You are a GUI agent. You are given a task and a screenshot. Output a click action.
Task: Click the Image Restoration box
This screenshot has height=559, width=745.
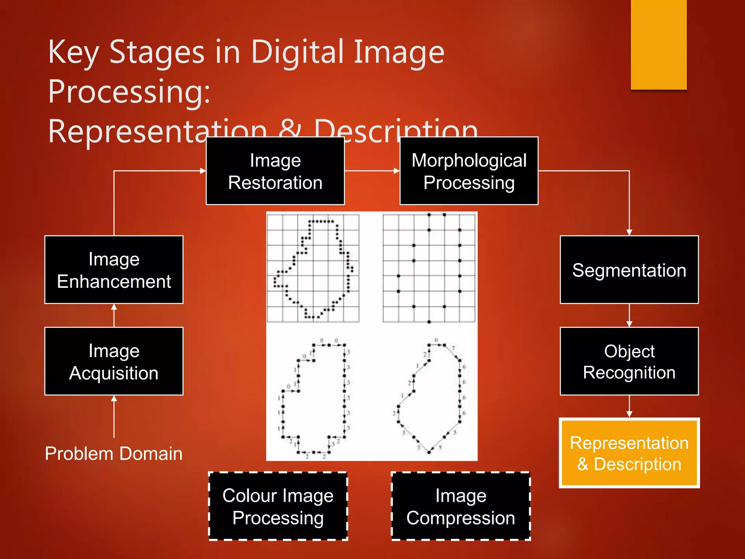point(275,171)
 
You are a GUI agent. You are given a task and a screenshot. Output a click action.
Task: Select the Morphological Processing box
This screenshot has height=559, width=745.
point(469,171)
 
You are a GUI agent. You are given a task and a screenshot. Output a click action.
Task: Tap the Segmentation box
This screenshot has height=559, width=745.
point(629,270)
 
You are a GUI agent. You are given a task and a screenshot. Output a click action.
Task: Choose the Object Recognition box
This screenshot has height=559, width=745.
point(629,361)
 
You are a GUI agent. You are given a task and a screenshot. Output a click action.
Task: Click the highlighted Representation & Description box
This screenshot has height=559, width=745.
point(629,453)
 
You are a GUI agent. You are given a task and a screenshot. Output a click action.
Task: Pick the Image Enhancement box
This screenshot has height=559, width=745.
point(114,270)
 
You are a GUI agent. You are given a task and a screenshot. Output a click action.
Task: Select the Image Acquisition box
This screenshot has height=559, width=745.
point(114,361)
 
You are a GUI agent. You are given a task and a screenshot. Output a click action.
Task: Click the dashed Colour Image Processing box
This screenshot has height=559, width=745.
point(278,506)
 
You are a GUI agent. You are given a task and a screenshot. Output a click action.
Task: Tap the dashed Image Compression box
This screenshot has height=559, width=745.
point(461,506)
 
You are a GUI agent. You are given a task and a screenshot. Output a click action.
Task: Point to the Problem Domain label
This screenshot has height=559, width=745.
point(114,453)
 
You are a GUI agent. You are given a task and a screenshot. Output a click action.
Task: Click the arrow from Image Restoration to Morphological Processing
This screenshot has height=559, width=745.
point(372,171)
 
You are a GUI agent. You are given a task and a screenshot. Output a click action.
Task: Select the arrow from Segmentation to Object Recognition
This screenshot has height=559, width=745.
point(629,315)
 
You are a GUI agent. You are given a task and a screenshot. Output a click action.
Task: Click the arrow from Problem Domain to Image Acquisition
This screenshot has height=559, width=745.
point(114,416)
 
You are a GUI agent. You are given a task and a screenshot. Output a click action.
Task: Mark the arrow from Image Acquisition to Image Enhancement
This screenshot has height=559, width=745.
point(114,315)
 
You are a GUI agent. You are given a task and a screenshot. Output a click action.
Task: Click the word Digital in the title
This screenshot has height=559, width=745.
point(298,52)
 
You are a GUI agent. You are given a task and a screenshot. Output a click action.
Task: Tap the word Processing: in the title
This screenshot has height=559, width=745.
point(129,91)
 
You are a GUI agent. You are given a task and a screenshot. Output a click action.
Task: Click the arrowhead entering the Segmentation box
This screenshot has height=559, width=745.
point(629,233)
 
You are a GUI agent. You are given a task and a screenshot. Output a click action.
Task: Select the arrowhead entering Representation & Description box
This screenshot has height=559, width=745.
point(629,414)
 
